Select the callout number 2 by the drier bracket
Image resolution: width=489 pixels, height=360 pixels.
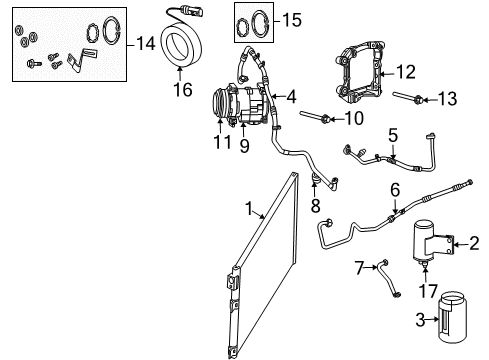coord(474,241)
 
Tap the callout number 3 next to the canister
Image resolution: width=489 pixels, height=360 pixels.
coord(423,320)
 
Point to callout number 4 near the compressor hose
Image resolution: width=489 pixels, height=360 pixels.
coord(291,98)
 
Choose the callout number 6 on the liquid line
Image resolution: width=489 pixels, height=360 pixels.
coord(395,190)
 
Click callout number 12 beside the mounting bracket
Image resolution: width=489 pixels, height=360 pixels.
coord(404,72)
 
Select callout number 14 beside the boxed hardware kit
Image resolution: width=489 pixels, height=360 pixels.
coord(146,43)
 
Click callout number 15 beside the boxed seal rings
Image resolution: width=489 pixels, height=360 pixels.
coord(290,19)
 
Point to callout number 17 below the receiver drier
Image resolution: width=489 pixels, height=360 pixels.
coord(428,293)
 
